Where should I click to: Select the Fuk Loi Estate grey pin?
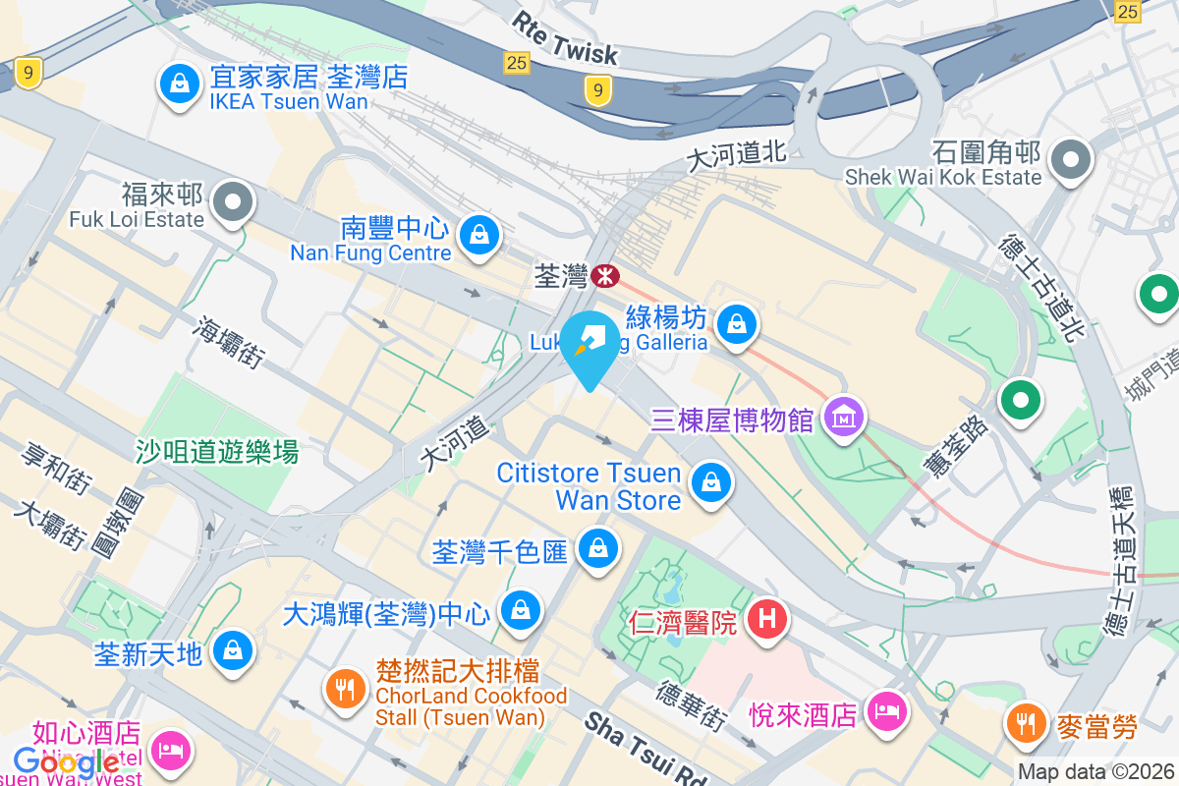tap(233, 203)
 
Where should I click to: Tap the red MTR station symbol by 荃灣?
tap(606, 277)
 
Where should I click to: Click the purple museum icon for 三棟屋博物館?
tap(845, 420)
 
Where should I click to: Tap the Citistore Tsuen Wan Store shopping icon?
tap(709, 482)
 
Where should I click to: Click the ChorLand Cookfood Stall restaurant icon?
tap(345, 688)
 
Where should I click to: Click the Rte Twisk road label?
tap(565, 37)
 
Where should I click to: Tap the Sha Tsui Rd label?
tap(646, 749)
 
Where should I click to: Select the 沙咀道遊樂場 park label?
tap(217, 452)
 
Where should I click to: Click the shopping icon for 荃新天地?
tap(234, 649)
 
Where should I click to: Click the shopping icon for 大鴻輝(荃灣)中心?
tap(520, 610)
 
